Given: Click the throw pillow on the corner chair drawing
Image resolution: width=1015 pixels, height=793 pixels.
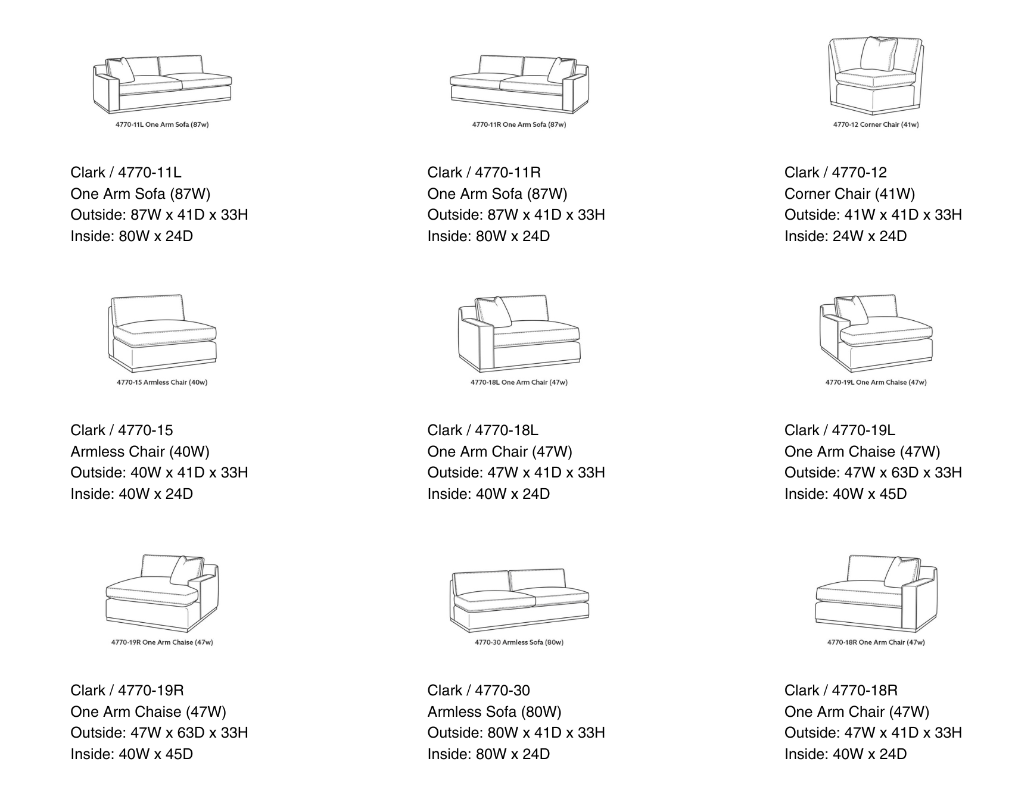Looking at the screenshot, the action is [x=879, y=54].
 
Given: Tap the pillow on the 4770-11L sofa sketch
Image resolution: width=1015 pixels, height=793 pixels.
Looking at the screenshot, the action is [x=122, y=70].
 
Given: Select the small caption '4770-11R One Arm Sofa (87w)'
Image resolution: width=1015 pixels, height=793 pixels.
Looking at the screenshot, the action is [x=519, y=124].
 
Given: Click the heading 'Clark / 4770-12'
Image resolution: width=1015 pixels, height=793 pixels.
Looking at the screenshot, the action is [x=835, y=173].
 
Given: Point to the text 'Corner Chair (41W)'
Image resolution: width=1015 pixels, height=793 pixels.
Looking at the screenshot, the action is [x=849, y=194].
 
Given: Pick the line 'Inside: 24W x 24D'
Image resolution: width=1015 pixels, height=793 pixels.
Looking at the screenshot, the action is [x=845, y=236].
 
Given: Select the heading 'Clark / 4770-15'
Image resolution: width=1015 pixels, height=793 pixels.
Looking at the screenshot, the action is [x=122, y=430].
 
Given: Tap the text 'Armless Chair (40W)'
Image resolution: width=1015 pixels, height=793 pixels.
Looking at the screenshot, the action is [x=140, y=452].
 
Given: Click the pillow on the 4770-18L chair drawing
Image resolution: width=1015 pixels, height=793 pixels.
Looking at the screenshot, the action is [x=494, y=311].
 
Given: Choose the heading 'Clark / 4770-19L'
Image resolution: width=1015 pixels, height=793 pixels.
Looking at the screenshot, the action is [x=839, y=430].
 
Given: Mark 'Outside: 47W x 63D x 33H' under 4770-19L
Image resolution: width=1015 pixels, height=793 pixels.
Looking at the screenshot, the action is [x=873, y=473].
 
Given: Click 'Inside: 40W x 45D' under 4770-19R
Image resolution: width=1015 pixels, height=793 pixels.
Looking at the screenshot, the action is [x=132, y=754].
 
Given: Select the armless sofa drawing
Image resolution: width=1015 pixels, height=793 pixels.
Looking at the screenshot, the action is [x=519, y=599].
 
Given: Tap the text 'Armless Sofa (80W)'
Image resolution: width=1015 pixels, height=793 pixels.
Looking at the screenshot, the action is [x=494, y=712].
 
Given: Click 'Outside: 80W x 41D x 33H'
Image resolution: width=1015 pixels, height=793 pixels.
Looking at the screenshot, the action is [x=516, y=733].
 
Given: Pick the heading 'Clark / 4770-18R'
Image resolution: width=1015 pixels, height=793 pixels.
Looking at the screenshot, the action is [x=840, y=691].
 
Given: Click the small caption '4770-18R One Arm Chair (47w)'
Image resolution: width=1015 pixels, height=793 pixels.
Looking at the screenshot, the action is [x=876, y=642].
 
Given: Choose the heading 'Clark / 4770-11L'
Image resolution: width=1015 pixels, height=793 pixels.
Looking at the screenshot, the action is [x=126, y=173].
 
